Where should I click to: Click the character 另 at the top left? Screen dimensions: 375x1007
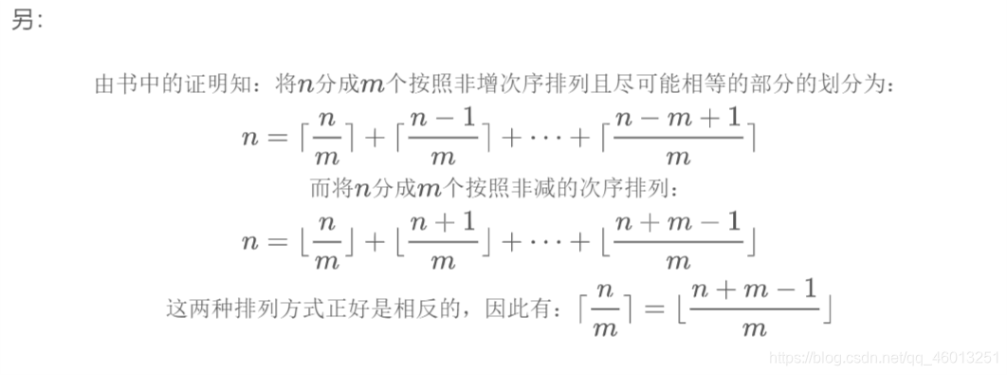24,21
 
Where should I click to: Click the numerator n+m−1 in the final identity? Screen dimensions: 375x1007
754,291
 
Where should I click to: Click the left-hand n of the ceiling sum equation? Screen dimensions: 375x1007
248,138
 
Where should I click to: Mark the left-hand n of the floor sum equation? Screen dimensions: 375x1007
248,242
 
